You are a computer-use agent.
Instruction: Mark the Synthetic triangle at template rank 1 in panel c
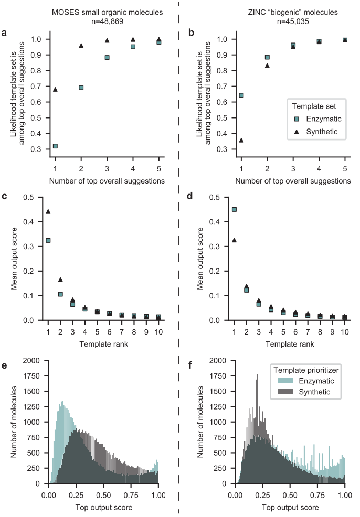click(48, 211)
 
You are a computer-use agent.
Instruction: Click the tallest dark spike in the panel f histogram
click(258, 375)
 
